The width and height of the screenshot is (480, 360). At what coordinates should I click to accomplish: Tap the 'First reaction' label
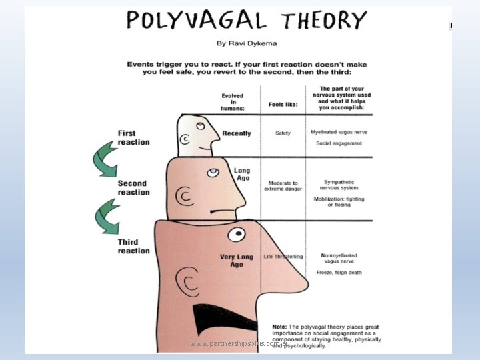[134, 137]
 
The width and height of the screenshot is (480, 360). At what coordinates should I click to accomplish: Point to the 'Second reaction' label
[134, 188]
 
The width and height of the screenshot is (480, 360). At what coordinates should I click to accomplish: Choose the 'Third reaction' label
[134, 246]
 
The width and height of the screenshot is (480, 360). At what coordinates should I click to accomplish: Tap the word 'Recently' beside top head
[237, 133]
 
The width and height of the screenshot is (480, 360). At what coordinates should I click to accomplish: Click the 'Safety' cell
[283, 133]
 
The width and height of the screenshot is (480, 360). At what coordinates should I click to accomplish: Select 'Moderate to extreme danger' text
[283, 186]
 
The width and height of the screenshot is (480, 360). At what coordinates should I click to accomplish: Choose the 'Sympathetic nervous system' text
[338, 185]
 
